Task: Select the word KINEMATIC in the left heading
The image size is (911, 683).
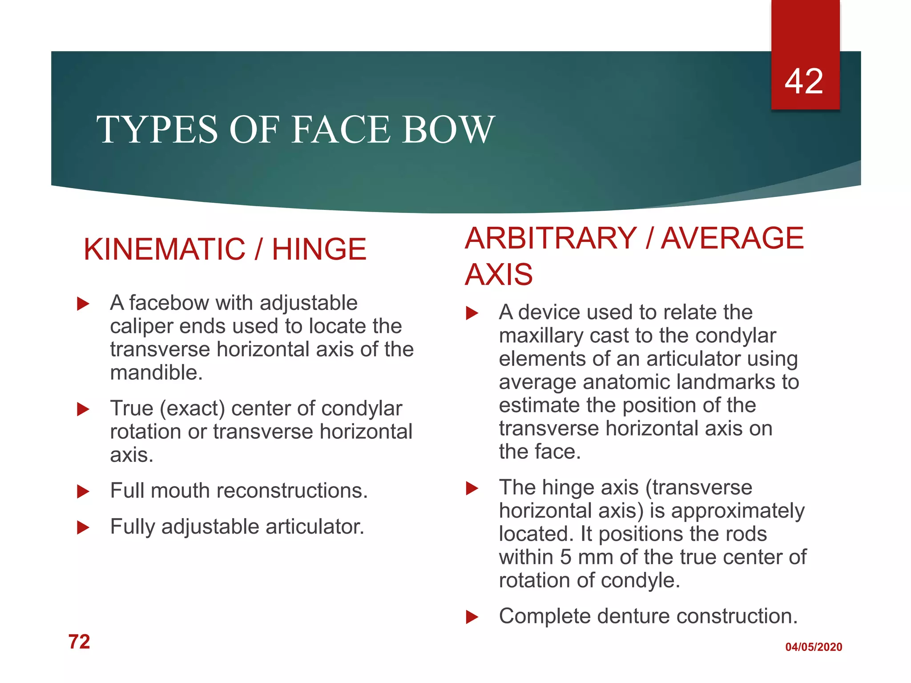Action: pyautogui.click(x=164, y=249)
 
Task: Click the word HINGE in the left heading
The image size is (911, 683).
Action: pyautogui.click(x=319, y=249)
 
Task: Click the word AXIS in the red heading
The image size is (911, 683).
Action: pyautogui.click(x=499, y=274)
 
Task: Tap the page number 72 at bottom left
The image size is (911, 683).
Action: pyautogui.click(x=79, y=642)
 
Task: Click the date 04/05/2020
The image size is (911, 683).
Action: pyautogui.click(x=814, y=647)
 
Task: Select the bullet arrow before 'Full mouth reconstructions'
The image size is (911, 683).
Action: pyautogui.click(x=83, y=491)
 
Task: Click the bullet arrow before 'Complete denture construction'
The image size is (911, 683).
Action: pyautogui.click(x=472, y=617)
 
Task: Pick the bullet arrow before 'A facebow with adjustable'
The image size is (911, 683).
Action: pyautogui.click(x=83, y=304)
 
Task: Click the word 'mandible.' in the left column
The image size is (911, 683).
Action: pyautogui.click(x=156, y=373)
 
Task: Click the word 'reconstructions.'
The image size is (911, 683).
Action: pyautogui.click(x=292, y=491)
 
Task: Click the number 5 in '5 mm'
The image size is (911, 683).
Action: pyautogui.click(x=565, y=557)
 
